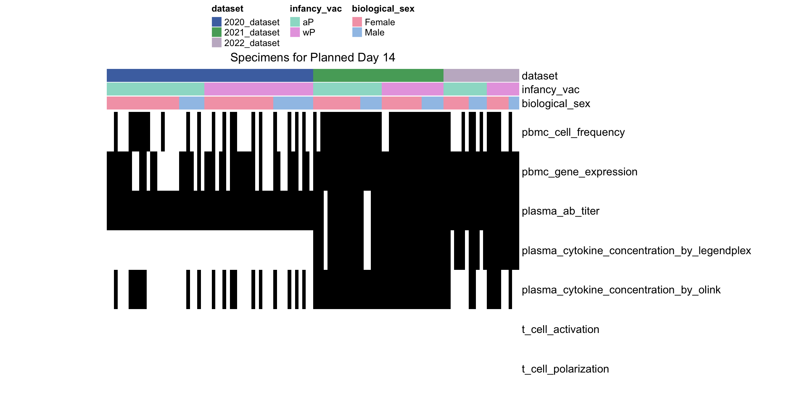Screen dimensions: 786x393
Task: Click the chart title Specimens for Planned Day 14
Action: (312, 57)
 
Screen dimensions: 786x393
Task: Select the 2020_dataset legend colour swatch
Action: (217, 22)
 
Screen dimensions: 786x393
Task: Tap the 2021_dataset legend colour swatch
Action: (217, 32)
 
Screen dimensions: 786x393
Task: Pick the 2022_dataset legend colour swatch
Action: (217, 43)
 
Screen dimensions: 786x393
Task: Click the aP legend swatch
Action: (295, 22)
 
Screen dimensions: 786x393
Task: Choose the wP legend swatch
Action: (295, 32)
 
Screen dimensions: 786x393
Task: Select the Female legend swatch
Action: (357, 22)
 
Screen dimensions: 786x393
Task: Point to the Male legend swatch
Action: (357, 32)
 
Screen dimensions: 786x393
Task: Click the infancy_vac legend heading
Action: (316, 9)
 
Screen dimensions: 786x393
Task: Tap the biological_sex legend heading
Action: (383, 9)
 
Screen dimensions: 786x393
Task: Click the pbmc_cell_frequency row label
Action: (573, 132)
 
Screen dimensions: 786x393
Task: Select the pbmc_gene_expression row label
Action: (580, 172)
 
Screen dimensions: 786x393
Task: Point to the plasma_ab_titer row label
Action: (561, 211)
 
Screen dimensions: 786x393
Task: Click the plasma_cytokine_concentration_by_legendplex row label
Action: (637, 250)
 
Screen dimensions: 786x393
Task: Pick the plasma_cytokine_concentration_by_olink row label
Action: (621, 290)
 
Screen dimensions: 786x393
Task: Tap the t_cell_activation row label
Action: (561, 329)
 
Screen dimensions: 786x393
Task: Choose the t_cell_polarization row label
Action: (565, 369)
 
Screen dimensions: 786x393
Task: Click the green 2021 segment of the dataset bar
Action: (378, 75)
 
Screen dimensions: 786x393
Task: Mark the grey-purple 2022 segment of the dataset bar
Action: (481, 75)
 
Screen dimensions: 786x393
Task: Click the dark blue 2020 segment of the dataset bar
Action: (210, 75)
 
